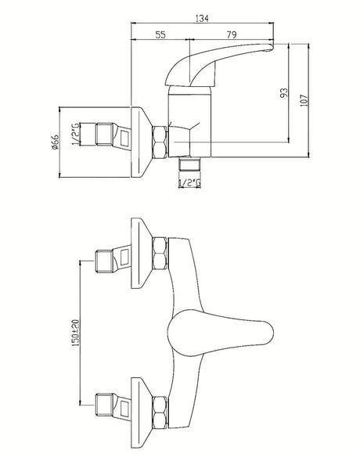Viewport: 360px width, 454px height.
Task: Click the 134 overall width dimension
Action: [x=202, y=19]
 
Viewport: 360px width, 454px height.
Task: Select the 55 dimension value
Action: [x=160, y=34]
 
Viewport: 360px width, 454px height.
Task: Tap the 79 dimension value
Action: [x=232, y=34]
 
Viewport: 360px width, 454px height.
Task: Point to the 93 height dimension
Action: [x=284, y=92]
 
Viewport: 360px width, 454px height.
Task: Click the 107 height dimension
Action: [x=304, y=100]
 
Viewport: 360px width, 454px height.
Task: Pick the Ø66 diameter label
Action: [x=55, y=142]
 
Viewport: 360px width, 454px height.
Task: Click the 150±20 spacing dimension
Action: [x=76, y=333]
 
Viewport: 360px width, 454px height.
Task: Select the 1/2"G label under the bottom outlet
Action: [x=189, y=183]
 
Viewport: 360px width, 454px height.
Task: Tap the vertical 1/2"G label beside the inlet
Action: [x=75, y=134]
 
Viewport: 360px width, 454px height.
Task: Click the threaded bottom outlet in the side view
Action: [x=189, y=164]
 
